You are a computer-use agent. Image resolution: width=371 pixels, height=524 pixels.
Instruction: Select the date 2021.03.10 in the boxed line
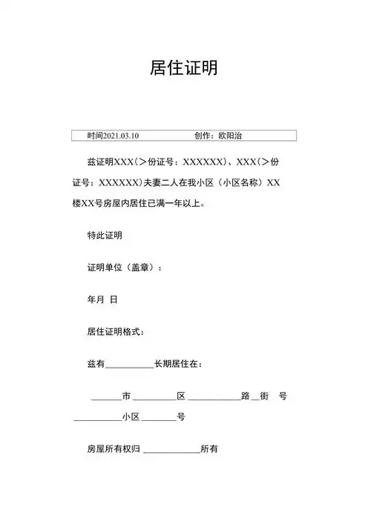click(122, 136)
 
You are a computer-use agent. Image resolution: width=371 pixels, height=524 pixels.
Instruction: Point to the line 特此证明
click(105, 236)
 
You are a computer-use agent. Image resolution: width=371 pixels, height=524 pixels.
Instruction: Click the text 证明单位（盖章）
click(124, 268)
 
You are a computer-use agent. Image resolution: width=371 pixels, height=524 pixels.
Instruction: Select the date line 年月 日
click(102, 299)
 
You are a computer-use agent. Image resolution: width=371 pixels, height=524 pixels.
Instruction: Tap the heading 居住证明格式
click(116, 331)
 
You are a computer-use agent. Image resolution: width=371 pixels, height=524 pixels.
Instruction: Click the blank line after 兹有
click(129, 365)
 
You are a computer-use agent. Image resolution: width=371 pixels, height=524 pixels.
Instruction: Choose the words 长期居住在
click(177, 364)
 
